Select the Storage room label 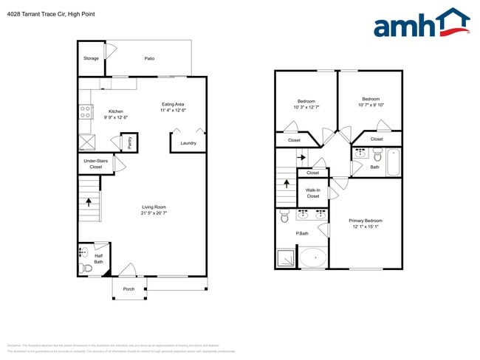[91, 58]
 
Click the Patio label [149, 58]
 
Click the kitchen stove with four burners [86, 112]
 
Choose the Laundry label [188, 142]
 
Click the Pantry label [129, 142]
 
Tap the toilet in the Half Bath [86, 268]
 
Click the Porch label [128, 288]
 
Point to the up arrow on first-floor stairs [89, 200]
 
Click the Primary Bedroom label [365, 221]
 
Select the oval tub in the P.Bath [313, 257]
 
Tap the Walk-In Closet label [313, 193]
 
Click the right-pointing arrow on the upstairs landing [301, 157]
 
